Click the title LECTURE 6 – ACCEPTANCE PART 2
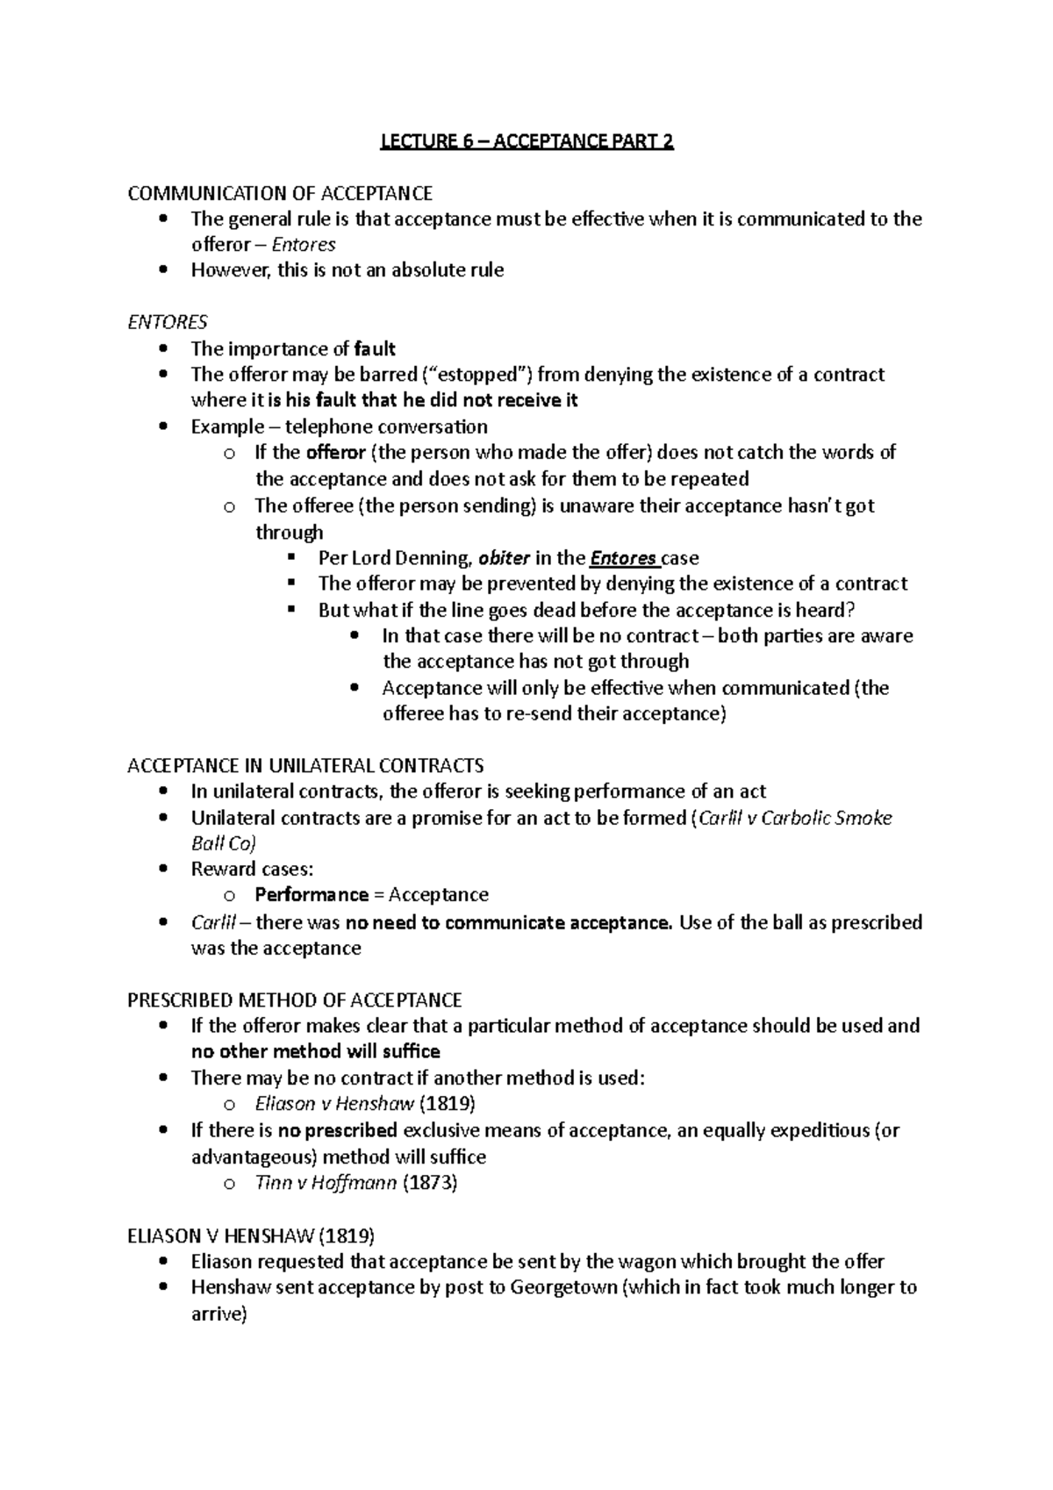526,141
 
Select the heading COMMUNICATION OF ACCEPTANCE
280,193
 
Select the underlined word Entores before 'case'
623,558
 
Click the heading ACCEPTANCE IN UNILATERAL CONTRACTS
305,766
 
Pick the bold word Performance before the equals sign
312,895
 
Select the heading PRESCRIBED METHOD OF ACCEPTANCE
295,1000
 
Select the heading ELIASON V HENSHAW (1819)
251,1236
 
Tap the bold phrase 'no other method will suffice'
316,1051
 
